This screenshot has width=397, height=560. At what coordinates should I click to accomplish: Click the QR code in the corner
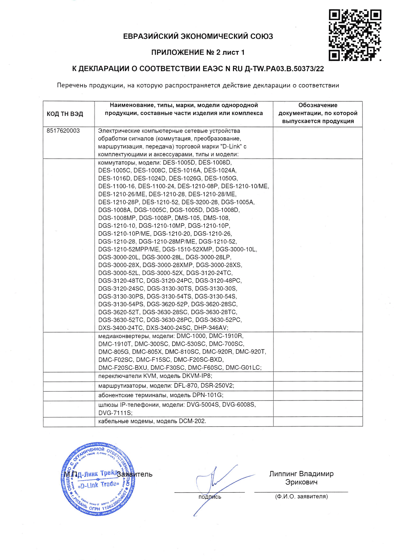click(354, 35)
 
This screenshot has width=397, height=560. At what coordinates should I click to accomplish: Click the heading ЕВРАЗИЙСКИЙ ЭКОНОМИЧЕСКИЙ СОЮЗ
click(198, 36)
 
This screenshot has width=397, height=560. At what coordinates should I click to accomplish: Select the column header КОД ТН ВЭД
click(65, 114)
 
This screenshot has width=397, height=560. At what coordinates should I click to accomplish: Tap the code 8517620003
click(63, 131)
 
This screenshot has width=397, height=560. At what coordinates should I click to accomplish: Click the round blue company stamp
click(98, 479)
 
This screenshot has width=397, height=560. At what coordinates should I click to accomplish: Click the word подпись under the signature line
click(210, 497)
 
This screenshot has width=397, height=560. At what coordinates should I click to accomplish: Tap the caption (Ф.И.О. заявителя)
click(301, 496)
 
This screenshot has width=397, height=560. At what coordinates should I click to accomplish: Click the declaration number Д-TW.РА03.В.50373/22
click(284, 69)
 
